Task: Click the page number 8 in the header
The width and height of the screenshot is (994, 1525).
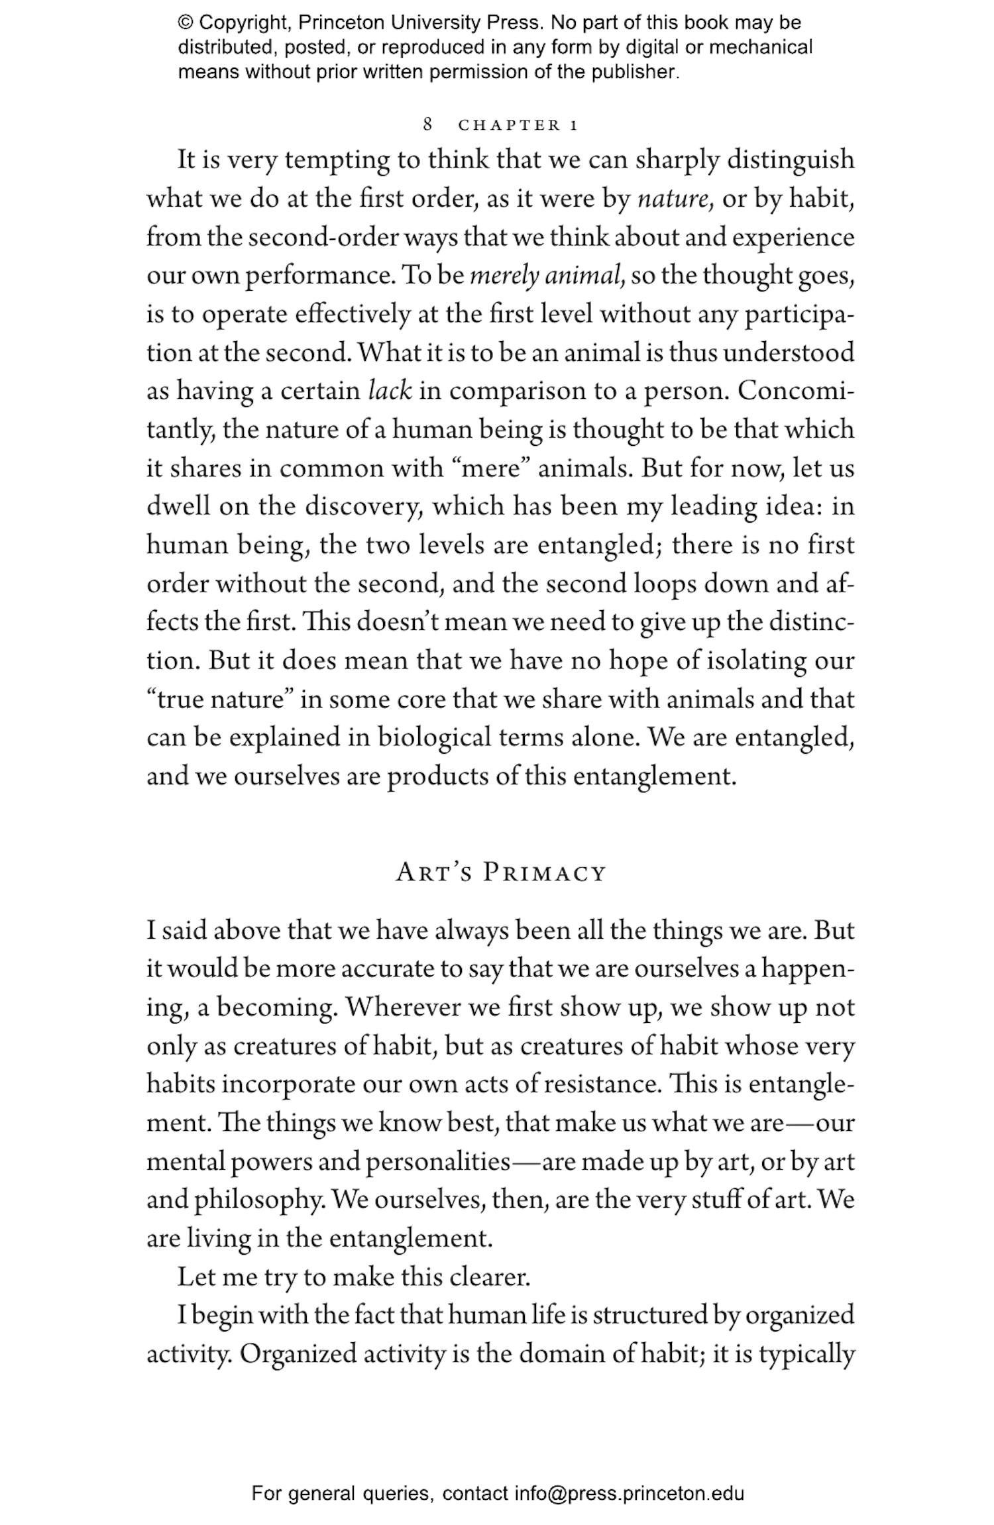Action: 428,125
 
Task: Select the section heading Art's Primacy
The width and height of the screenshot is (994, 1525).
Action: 501,872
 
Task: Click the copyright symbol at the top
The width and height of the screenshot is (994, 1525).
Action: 185,23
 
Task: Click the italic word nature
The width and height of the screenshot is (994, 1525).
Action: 674,199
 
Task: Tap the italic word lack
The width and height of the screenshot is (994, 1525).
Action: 390,391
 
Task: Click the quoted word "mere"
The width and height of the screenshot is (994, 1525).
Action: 490,468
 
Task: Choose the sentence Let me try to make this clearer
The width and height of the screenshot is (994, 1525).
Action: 354,1277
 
